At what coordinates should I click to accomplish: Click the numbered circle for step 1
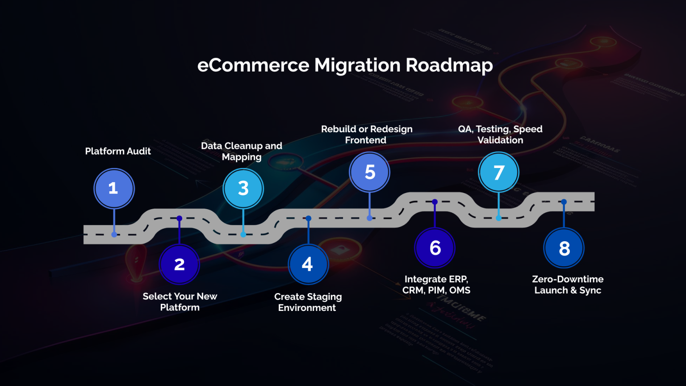click(114, 189)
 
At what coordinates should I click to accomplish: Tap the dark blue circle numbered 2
click(180, 264)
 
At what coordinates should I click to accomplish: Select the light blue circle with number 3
click(243, 189)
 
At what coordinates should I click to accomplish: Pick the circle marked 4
click(308, 264)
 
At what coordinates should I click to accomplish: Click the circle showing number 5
click(369, 172)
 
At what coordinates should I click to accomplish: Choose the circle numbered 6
click(435, 248)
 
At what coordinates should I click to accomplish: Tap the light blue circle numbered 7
click(498, 172)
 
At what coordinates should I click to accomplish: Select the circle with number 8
click(564, 248)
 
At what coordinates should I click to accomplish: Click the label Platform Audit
click(118, 151)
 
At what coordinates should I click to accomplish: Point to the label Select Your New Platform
click(180, 302)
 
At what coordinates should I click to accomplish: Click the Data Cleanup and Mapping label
click(242, 151)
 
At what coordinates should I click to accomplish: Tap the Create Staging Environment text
click(308, 302)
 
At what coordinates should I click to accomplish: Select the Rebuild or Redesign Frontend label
click(367, 134)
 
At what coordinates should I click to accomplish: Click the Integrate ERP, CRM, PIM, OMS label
click(436, 285)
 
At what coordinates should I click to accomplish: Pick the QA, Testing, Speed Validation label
click(500, 134)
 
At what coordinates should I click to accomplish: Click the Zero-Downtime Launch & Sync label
click(568, 285)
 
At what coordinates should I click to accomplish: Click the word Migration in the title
click(357, 65)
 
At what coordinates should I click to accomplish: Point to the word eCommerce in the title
click(253, 65)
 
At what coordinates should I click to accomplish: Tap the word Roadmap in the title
click(449, 65)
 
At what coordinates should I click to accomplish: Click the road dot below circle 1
click(114, 235)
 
